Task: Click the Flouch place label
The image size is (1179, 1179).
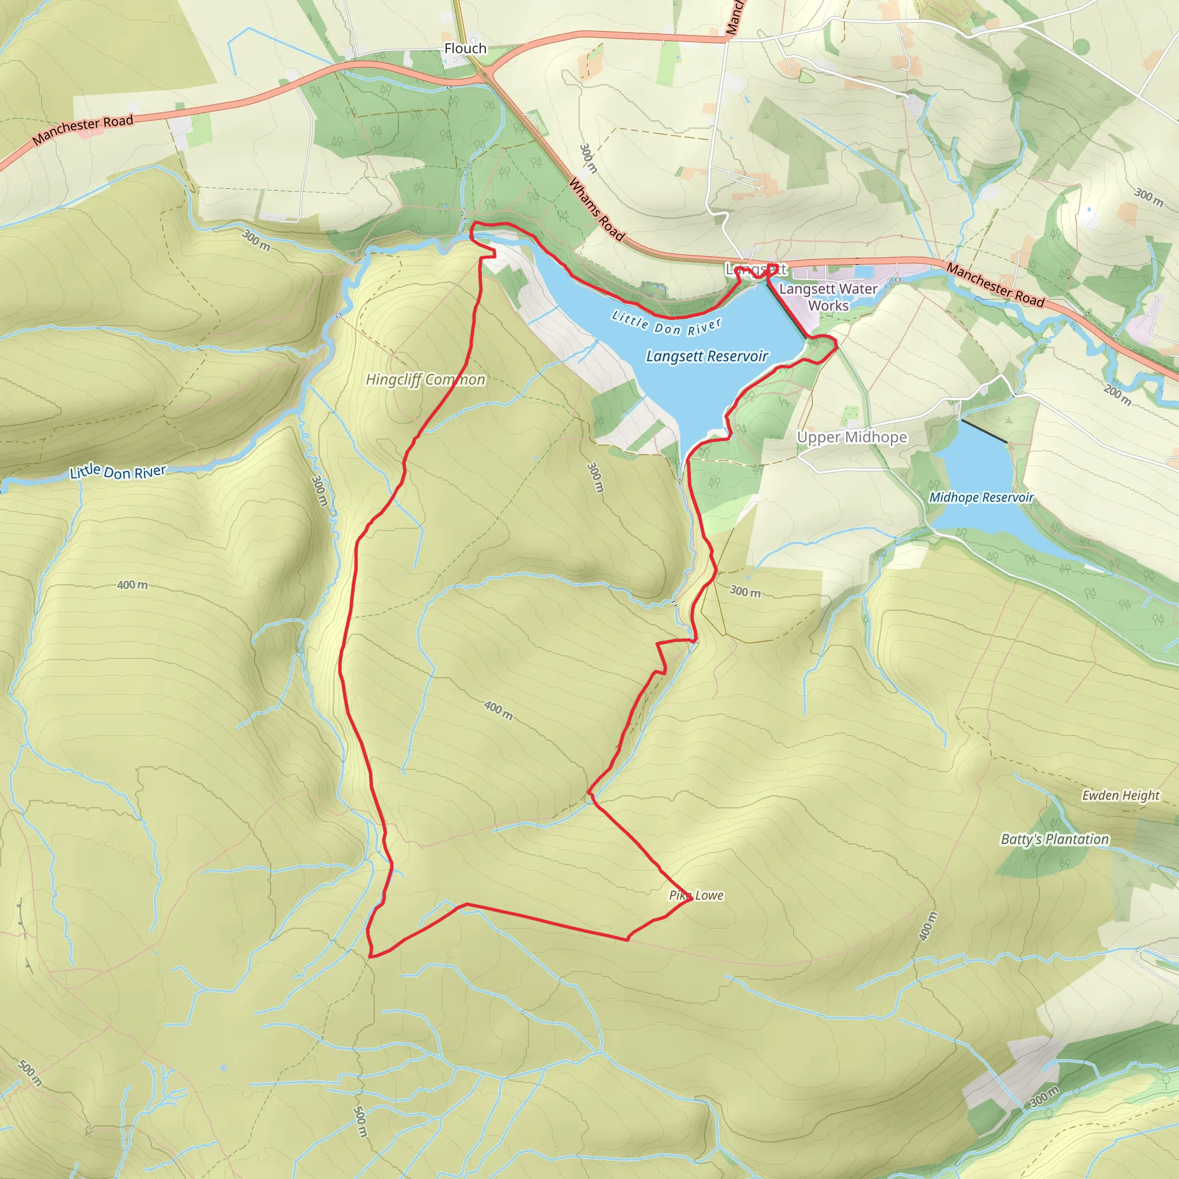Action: point(465,48)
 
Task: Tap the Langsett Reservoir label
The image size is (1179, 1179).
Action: point(707,356)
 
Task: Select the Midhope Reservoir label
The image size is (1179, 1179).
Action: point(982,497)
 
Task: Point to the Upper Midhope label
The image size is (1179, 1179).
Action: point(852,437)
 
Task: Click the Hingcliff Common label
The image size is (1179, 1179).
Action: point(425,379)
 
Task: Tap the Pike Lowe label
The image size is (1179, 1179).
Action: point(697,895)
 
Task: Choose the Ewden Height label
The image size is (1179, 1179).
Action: point(1120,795)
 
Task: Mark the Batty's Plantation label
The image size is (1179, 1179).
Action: point(1055,839)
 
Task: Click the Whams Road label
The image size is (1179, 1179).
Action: point(596,210)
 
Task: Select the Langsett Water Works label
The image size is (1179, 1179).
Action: point(828,296)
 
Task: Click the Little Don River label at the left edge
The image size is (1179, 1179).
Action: point(118,471)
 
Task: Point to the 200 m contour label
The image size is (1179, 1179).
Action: point(1117,395)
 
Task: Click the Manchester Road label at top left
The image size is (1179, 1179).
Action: point(83,130)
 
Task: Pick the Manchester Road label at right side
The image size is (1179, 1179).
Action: point(995,284)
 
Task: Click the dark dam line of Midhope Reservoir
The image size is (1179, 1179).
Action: point(984,431)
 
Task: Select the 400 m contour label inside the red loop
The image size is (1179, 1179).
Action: point(499,710)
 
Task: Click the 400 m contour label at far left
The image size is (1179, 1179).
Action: point(132,585)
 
